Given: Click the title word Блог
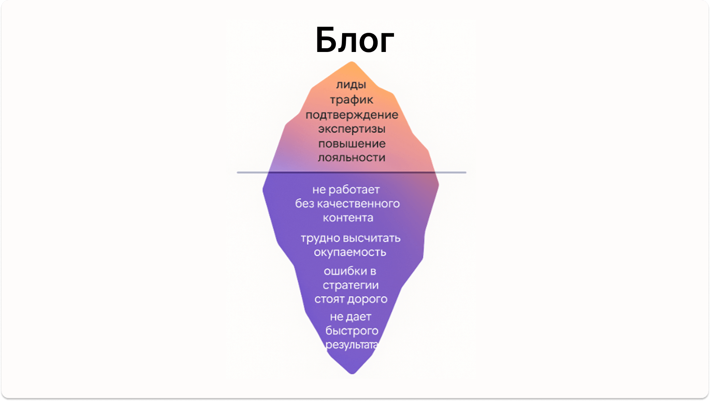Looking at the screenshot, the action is (355, 40).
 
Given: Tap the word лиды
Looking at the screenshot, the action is (351, 84).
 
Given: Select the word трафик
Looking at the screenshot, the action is (351, 100).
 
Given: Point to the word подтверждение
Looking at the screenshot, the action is (352, 115).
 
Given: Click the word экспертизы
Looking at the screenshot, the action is (352, 129).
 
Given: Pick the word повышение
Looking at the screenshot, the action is (352, 143).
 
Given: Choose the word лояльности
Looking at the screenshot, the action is (352, 157).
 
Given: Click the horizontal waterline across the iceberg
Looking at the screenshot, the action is (352, 172).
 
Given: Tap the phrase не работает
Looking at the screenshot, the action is (346, 189).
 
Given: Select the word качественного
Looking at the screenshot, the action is (358, 203).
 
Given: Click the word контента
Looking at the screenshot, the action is (348, 217).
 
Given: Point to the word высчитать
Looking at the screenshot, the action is (372, 238).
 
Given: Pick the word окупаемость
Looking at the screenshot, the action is (350, 252).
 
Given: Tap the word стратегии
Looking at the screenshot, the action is (351, 285).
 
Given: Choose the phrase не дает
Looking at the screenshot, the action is (351, 317).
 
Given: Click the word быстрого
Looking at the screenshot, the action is (352, 331).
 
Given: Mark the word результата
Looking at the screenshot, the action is (352, 345).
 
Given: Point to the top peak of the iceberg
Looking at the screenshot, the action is (352, 62).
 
